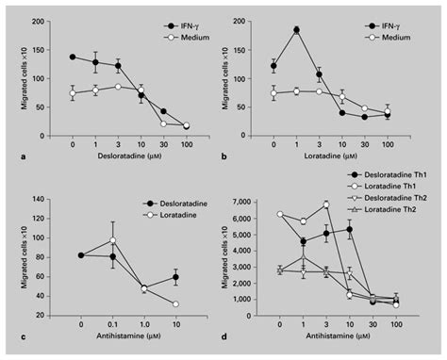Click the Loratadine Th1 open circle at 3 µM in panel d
pos(326,205)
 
